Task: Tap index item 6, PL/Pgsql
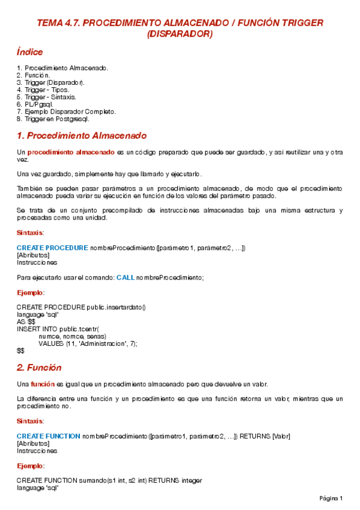[39, 104]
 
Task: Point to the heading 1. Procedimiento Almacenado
[82, 135]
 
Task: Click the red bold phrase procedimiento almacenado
[71, 153]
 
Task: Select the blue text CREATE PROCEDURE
[52, 248]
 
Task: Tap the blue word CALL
[125, 277]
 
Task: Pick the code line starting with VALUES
[88, 343]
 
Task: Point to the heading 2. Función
[39, 367]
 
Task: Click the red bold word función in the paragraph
[43, 384]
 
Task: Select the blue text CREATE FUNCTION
[48, 436]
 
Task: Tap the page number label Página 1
[331, 499]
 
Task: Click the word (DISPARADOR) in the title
[180, 34]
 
